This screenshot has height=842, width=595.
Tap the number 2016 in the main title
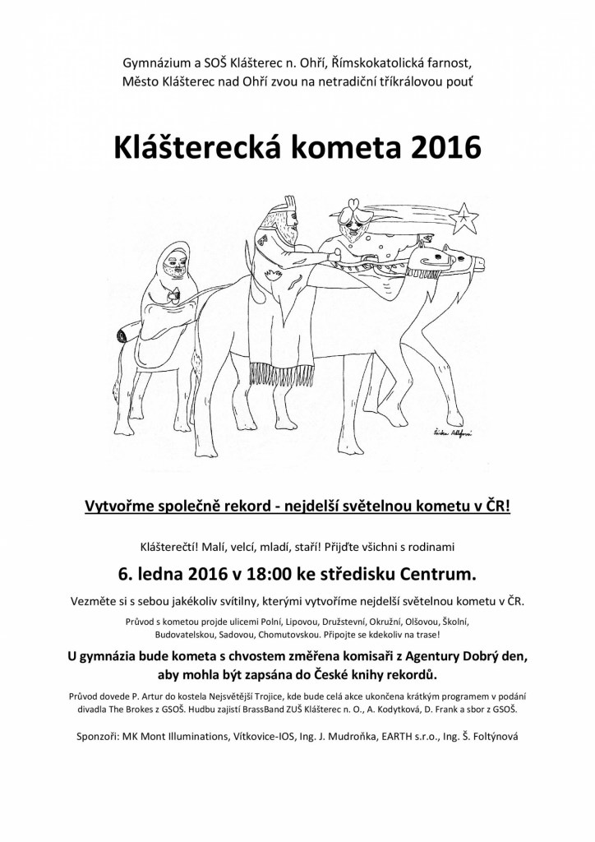point(439,146)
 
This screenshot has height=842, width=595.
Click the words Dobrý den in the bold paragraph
point(500,656)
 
